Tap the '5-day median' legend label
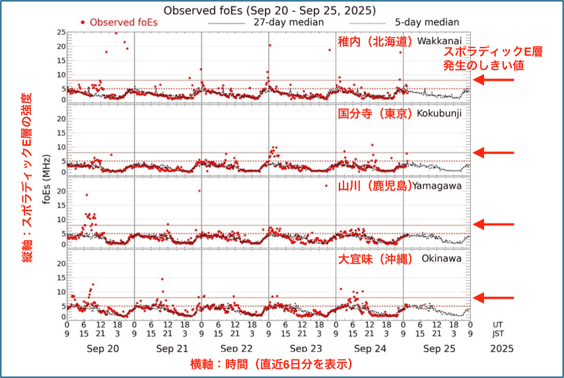point(428,22)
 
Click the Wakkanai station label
point(439,41)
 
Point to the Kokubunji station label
point(439,113)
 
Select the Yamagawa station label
point(437,186)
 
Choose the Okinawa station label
point(442,258)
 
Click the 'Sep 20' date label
point(100,348)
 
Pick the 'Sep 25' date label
point(437,348)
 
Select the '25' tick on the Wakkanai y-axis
point(61,32)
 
